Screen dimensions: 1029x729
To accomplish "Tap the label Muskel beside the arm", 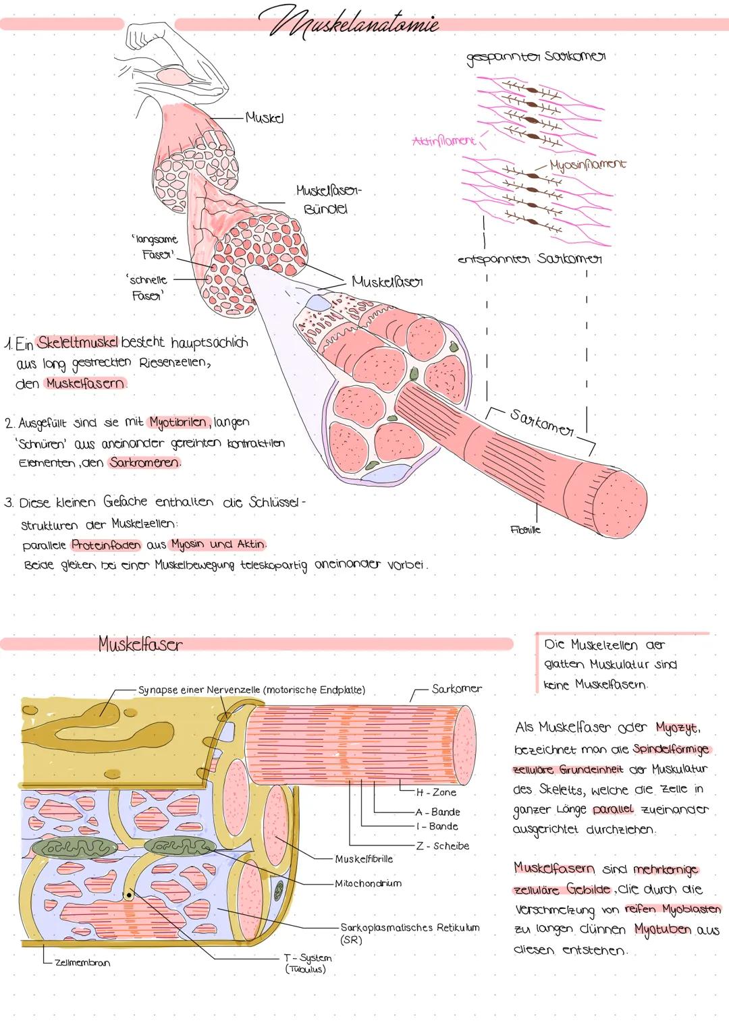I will (x=264, y=117).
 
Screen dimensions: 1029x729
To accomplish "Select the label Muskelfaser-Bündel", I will (x=328, y=200).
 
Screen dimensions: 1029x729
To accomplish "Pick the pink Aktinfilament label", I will (x=443, y=141).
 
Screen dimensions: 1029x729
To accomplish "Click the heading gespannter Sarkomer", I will (x=536, y=57).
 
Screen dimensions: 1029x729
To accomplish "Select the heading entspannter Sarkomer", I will (x=530, y=259).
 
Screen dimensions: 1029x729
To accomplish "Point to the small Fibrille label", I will (x=526, y=530).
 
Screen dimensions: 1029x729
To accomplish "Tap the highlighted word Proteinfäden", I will (x=107, y=544).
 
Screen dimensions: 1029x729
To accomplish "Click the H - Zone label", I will (x=436, y=792).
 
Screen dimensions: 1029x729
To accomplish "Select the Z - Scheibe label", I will (x=443, y=845).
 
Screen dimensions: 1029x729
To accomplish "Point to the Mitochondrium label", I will (x=369, y=883).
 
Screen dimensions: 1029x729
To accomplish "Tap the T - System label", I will (x=308, y=963).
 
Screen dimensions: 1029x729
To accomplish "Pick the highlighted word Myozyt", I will (x=678, y=728).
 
